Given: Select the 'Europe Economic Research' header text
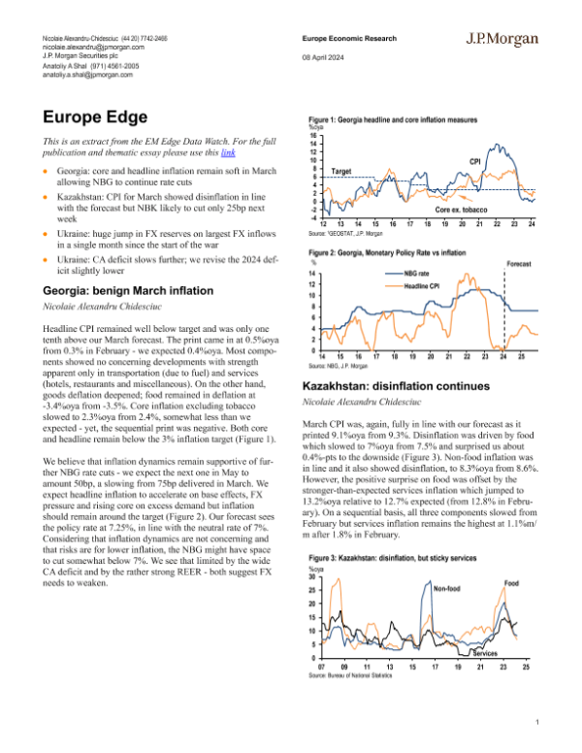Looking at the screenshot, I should click(345, 38).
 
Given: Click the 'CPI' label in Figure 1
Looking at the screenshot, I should click(475, 160).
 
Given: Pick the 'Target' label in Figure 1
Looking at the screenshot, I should click(340, 171).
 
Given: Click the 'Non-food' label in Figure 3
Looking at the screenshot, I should click(451, 589).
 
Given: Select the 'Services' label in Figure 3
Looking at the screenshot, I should click(499, 653).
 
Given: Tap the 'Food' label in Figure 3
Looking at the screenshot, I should click(513, 582).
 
